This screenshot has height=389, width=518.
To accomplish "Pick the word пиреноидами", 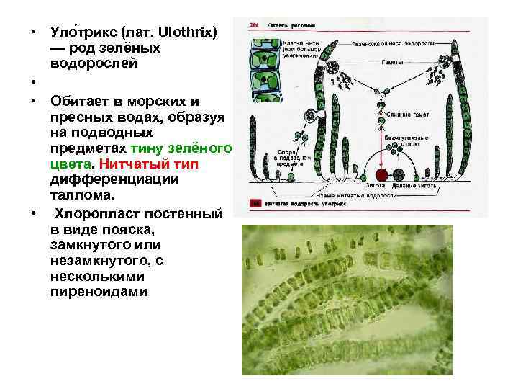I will (x=99, y=292).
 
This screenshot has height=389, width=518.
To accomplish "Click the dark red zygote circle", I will (x=381, y=176).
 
